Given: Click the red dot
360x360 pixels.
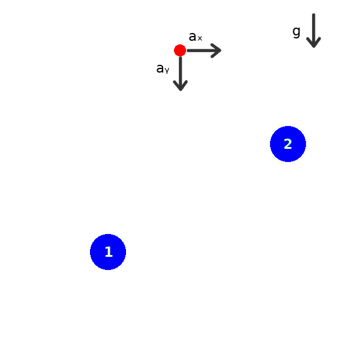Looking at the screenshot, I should [x=180, y=50].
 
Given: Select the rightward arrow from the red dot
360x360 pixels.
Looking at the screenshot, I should [x=204, y=50].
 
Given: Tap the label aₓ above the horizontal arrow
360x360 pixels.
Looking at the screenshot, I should [x=195, y=37].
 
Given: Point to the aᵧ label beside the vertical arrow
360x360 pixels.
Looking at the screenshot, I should [x=163, y=69].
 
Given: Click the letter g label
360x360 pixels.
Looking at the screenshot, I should [x=296, y=31].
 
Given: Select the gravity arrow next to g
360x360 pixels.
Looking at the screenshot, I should [x=313, y=30].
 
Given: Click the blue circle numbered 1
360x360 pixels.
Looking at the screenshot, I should [x=108, y=252].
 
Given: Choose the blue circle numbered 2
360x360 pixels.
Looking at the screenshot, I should [x=288, y=144].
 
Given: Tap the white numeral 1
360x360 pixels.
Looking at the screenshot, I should [x=108, y=252].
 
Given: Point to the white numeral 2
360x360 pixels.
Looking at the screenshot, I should [x=288, y=144].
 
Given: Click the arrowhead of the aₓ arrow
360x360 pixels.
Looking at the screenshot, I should [x=218, y=50].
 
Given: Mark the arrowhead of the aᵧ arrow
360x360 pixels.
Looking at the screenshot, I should [x=180, y=87].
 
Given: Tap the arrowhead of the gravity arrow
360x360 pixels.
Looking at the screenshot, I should [x=313, y=43].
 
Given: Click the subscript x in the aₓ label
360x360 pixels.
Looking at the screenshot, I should [x=200, y=39].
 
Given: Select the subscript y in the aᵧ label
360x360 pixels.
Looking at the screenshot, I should [x=167, y=71].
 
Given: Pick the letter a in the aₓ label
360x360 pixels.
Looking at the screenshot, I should [x=193, y=37].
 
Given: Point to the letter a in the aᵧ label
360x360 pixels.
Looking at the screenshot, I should [x=160, y=68].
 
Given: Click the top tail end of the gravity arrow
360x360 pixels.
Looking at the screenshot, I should [x=313, y=15].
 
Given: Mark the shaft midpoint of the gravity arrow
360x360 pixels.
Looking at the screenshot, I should [x=313, y=29].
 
